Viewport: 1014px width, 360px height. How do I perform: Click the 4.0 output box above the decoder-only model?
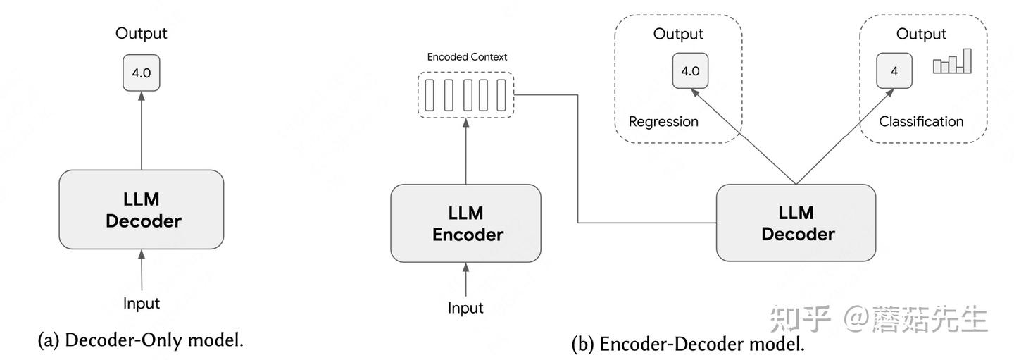click(142, 73)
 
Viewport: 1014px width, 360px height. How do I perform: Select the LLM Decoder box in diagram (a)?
click(142, 209)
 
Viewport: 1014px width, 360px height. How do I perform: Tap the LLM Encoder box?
click(466, 223)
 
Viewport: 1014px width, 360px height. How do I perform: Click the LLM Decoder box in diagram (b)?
click(796, 223)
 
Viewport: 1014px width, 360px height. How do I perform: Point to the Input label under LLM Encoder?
click(466, 308)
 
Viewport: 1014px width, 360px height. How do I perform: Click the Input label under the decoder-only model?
click(142, 303)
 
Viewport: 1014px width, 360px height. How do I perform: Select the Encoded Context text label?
click(467, 56)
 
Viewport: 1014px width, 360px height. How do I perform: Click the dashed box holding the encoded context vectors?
click(466, 95)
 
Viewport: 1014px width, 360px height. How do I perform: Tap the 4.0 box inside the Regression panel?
click(690, 71)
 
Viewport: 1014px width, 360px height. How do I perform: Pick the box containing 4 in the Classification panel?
click(894, 71)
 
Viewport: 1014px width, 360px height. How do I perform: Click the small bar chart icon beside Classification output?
click(952, 62)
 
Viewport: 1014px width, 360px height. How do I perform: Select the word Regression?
click(663, 121)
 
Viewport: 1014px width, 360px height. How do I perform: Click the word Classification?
click(921, 121)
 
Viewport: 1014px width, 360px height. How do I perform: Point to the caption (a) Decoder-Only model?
click(141, 340)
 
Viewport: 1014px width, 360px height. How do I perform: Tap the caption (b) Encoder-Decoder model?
click(688, 345)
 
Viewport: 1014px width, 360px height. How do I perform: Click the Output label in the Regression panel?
click(678, 34)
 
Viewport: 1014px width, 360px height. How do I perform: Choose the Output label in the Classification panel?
click(921, 34)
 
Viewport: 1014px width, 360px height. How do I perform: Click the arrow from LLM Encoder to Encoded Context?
click(466, 151)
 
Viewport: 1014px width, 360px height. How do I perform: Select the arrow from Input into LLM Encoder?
click(466, 279)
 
